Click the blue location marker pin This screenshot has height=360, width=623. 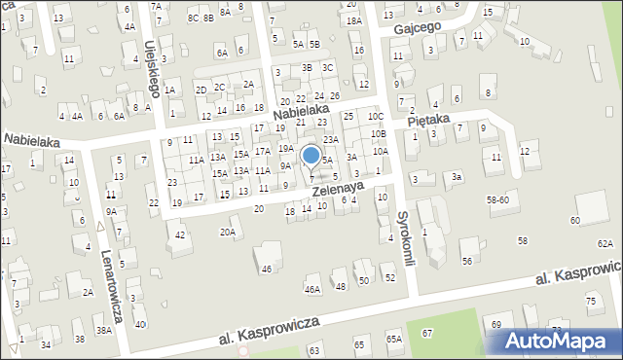[311, 156]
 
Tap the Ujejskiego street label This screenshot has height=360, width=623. [153, 67]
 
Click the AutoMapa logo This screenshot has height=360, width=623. [558, 341]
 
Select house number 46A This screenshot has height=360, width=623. [312, 289]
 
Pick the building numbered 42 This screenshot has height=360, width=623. [180, 234]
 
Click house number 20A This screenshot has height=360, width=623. [228, 232]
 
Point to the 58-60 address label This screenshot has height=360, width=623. [498, 198]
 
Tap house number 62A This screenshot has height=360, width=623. [605, 243]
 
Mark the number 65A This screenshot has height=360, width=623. [393, 339]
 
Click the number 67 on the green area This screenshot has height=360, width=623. [426, 333]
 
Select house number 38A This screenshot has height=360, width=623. [103, 330]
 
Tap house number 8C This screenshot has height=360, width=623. [193, 18]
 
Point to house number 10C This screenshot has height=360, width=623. [376, 117]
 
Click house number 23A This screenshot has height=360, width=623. [331, 139]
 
